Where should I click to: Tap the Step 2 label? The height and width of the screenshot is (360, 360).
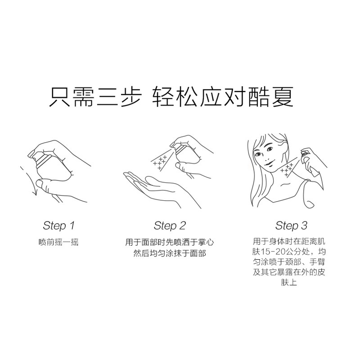point(170,225)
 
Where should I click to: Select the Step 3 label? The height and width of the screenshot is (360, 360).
point(291,225)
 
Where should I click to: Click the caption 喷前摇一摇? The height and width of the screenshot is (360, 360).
point(58,242)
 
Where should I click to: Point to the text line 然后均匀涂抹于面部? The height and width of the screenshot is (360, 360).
point(170,253)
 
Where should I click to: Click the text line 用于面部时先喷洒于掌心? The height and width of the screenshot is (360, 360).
point(170,243)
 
